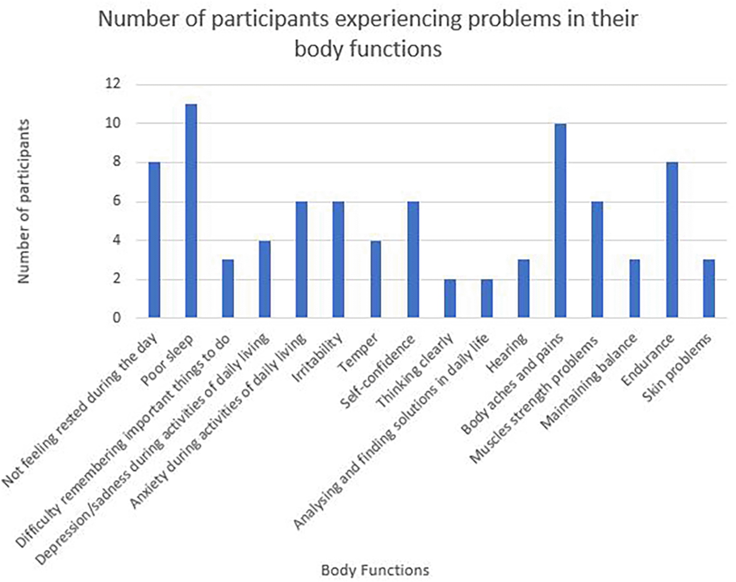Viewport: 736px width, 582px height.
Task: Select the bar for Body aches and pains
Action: tap(560, 220)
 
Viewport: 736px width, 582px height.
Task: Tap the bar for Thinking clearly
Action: tap(450, 298)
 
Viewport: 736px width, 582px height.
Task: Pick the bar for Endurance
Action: tap(671, 240)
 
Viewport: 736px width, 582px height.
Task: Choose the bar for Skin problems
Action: tap(709, 289)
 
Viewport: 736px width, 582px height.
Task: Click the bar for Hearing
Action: tap(524, 289)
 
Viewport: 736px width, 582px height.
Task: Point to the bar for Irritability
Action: tap(339, 259)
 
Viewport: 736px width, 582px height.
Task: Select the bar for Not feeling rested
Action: tap(154, 240)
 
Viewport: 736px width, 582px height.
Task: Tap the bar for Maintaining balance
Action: tap(634, 289)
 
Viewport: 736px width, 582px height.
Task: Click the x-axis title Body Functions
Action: tap(375, 570)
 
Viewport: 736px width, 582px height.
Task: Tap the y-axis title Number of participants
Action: tap(24, 201)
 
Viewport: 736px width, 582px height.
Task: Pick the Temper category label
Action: tap(359, 353)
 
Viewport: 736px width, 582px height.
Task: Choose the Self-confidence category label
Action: tap(377, 372)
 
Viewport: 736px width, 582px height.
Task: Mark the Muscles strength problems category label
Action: tap(534, 400)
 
